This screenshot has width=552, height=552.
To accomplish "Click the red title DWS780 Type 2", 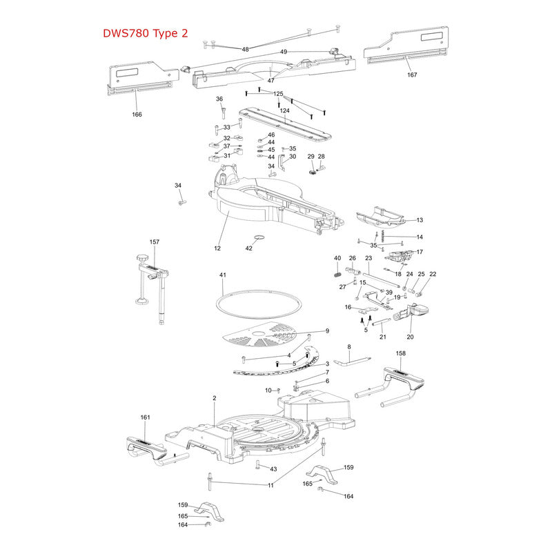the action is click(146, 33).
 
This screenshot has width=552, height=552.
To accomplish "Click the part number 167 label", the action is click(412, 75).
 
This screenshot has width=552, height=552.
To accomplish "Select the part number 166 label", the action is click(137, 115).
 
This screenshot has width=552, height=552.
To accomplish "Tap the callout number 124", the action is click(284, 110).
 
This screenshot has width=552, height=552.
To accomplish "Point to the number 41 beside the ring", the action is click(222, 275).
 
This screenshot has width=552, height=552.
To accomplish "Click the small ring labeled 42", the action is click(259, 237).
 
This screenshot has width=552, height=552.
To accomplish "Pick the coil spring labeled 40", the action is click(337, 273).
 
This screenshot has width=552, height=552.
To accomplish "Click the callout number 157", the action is click(154, 242).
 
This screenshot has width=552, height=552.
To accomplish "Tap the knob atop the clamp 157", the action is click(143, 258).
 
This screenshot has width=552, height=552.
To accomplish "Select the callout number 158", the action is click(401, 353).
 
